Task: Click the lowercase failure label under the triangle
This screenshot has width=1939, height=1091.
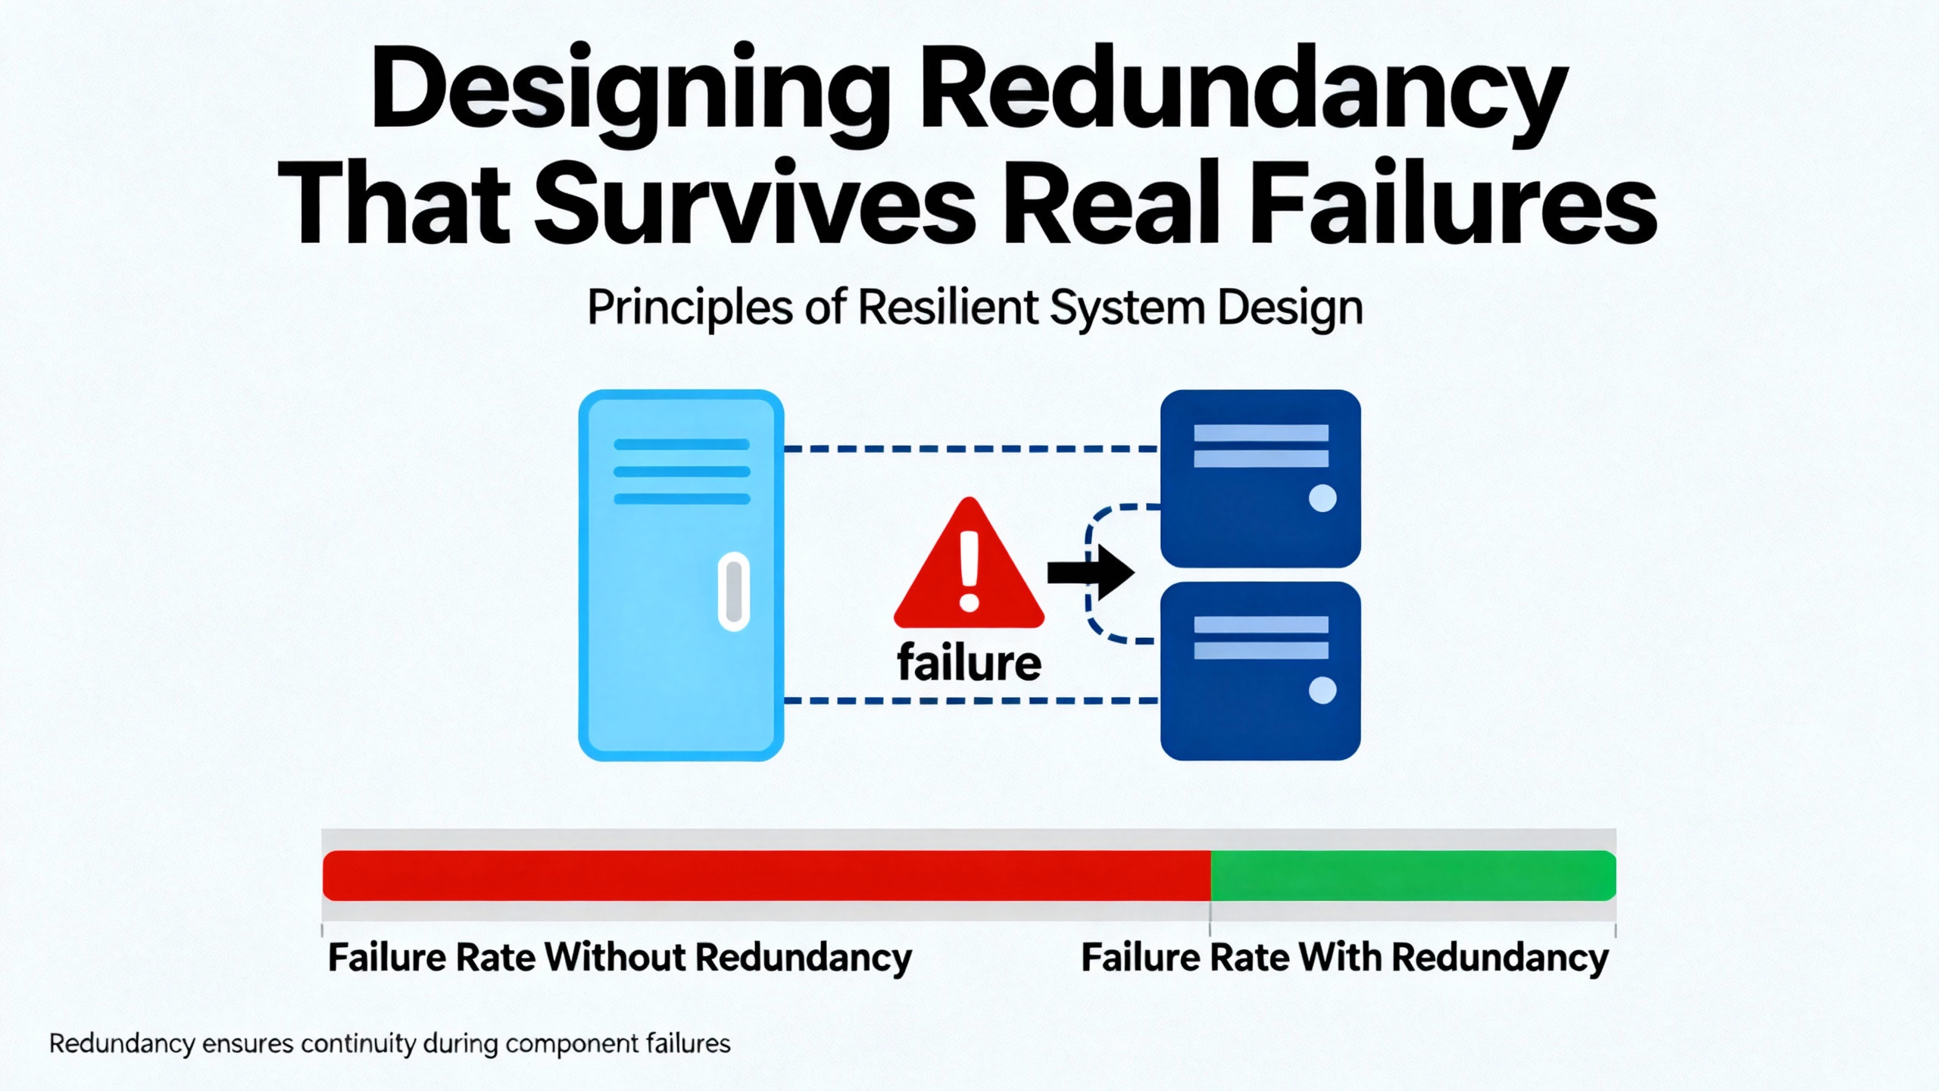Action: (969, 663)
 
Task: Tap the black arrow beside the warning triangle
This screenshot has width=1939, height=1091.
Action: (1091, 573)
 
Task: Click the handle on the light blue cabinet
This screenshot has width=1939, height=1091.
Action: (733, 591)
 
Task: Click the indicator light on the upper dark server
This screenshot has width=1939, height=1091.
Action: (1322, 498)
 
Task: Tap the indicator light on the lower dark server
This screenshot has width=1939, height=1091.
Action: (1322, 690)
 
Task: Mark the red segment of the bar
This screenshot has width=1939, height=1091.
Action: (765, 875)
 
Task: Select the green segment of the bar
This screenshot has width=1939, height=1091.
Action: (1413, 875)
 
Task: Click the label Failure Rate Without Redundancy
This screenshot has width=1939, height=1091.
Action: (620, 958)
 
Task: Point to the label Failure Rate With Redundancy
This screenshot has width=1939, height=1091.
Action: (1344, 958)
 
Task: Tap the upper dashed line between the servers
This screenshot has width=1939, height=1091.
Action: (969, 449)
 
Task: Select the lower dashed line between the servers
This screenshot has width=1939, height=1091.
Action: (969, 701)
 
